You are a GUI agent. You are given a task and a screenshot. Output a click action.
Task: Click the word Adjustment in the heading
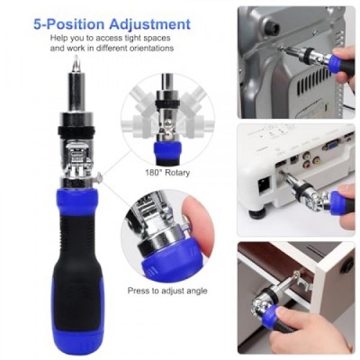click(x=149, y=24)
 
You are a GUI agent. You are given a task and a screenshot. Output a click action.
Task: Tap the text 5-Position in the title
click(x=68, y=24)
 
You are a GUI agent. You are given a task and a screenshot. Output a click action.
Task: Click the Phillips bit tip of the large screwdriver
click(x=76, y=64)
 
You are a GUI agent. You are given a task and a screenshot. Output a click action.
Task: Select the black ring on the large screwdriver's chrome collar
click(x=76, y=130)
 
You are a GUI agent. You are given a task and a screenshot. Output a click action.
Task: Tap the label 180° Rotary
click(x=167, y=173)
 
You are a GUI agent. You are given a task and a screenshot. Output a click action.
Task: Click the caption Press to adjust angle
click(x=167, y=291)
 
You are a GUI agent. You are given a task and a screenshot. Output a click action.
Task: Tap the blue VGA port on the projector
click(x=330, y=146)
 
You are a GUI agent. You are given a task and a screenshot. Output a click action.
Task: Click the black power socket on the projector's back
click(x=265, y=184)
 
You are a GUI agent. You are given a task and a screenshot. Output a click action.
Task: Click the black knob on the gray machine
click(x=271, y=29)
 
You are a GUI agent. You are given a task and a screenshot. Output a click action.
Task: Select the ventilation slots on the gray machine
click(x=314, y=80)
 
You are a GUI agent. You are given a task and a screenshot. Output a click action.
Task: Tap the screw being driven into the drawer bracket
click(x=298, y=274)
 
